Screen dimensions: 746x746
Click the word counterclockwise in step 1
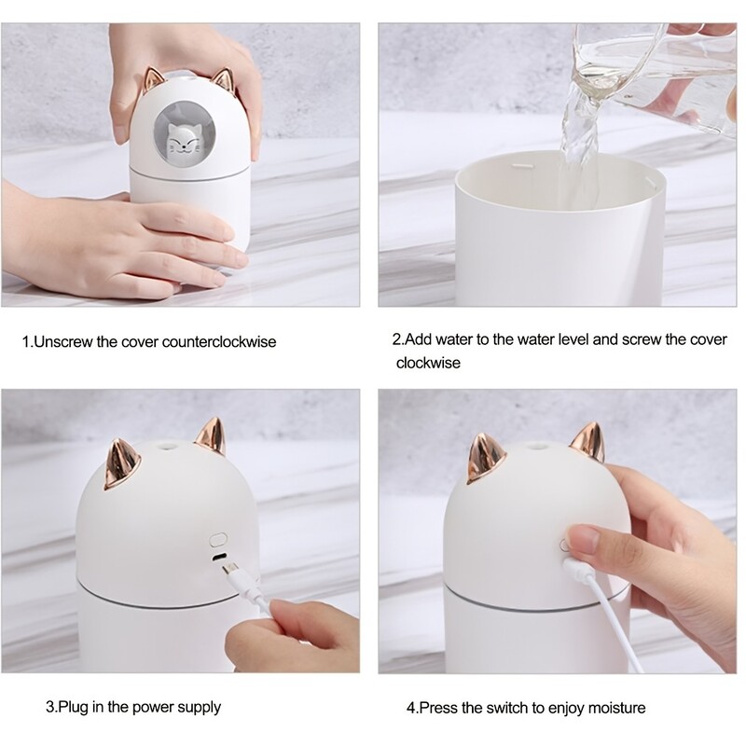click(220, 341)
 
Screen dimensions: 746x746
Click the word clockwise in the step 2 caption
click(428, 363)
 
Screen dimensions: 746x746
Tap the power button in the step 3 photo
click(220, 539)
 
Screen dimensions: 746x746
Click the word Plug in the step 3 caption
click(74, 708)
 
